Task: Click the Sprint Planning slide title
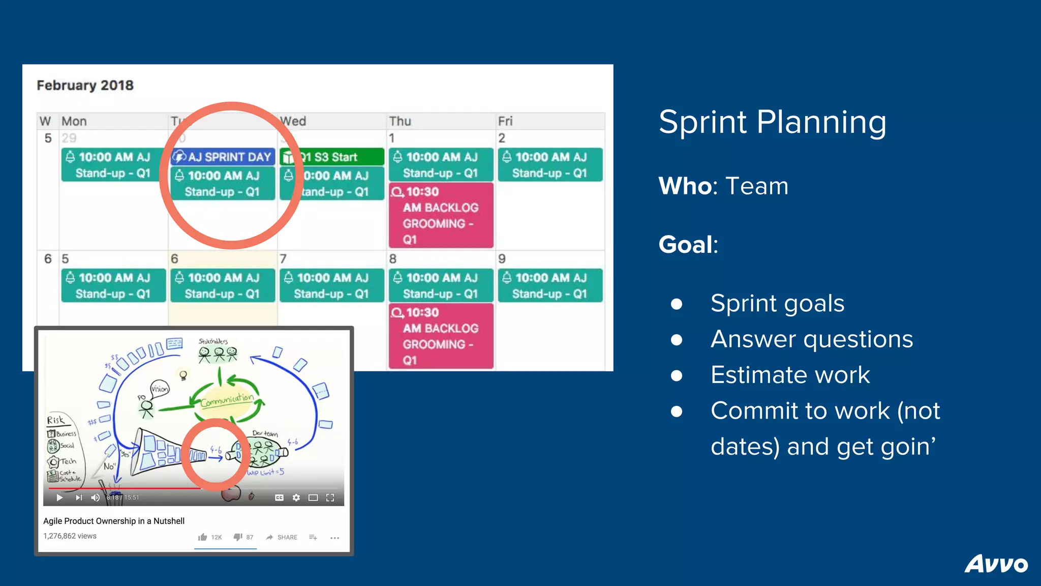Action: tap(772, 122)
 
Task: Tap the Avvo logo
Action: tap(996, 564)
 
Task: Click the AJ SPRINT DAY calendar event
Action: tap(223, 157)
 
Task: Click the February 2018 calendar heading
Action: tap(85, 85)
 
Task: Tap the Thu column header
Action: tap(400, 121)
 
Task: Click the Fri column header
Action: tap(505, 121)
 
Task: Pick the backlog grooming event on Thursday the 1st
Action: tap(441, 215)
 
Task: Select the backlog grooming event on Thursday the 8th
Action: tap(441, 336)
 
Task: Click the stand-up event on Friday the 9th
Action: tap(550, 285)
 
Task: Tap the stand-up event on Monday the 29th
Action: tap(113, 165)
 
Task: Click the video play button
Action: tap(59, 497)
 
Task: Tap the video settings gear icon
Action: tap(296, 497)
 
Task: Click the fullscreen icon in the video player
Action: tap(330, 497)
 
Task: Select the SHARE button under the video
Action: tap(282, 537)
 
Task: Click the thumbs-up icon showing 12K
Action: tap(203, 537)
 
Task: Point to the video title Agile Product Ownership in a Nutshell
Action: tap(114, 521)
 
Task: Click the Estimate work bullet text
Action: tap(790, 375)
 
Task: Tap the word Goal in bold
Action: tap(686, 245)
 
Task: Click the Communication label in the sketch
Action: tap(227, 400)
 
